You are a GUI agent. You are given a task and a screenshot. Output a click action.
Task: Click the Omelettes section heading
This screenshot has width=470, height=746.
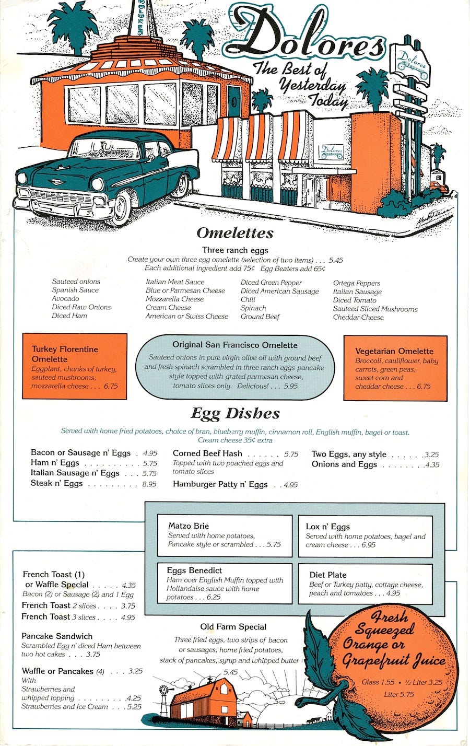click(x=235, y=233)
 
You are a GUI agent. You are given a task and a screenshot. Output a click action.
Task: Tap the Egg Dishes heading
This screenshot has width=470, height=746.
click(x=235, y=414)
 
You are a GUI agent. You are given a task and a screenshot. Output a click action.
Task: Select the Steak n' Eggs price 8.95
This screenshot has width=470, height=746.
click(x=149, y=484)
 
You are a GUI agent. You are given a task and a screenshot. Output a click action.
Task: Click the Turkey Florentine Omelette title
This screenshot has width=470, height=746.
click(x=65, y=354)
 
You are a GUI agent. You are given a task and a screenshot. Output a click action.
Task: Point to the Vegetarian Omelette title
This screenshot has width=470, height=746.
click(x=394, y=351)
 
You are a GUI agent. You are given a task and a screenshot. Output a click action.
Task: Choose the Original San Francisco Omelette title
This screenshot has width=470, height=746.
click(x=235, y=345)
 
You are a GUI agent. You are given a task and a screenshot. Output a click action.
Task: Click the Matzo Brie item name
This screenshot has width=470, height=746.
click(x=189, y=526)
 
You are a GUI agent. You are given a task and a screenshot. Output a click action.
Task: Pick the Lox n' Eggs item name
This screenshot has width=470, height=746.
click(x=328, y=527)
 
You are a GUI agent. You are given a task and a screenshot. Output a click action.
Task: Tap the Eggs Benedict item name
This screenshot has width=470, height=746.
click(x=194, y=570)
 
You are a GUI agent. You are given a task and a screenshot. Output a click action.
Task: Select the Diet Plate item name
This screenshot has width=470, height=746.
click(x=328, y=575)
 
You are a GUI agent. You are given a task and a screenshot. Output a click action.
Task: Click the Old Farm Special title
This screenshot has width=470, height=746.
click(x=233, y=627)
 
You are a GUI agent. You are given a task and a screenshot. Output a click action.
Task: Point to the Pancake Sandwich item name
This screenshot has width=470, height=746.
click(x=57, y=636)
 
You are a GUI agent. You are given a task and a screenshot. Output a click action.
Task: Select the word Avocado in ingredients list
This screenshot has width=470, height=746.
click(x=65, y=299)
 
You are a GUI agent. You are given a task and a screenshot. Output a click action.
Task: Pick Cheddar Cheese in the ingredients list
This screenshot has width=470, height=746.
click(x=358, y=317)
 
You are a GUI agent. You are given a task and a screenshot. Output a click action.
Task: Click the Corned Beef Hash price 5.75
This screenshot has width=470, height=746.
click(x=291, y=454)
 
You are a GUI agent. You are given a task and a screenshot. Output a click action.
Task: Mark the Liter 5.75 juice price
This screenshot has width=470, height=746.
click(x=399, y=694)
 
